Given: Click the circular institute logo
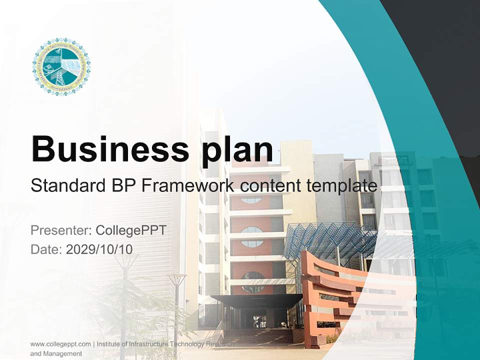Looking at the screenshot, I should coord(61,66).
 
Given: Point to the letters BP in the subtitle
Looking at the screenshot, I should coord(122,185).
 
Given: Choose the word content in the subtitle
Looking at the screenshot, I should coord(270,185).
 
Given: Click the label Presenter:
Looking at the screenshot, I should coord(60,230).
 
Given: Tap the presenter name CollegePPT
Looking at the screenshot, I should coord(130,230).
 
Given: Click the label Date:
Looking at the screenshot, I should coord(46,249).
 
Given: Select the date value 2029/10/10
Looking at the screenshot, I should coord(99,249).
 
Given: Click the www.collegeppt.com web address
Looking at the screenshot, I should coord(60,344).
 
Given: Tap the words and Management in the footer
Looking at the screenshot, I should coord(56,353).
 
